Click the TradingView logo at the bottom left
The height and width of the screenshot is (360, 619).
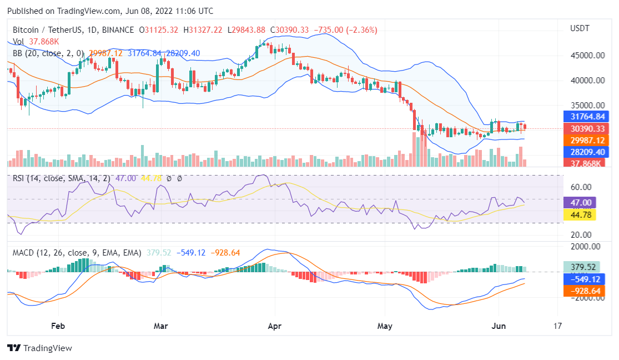tap(39, 348)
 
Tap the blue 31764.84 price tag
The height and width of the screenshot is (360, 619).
tap(585, 117)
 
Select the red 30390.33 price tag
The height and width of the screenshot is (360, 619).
tap(585, 128)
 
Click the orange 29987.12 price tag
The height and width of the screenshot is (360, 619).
tap(585, 140)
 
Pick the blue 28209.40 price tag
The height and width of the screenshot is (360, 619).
tap(585, 152)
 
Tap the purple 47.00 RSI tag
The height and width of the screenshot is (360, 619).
tap(579, 202)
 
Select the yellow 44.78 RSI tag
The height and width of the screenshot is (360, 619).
tap(579, 214)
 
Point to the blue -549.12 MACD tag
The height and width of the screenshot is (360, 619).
tap(583, 279)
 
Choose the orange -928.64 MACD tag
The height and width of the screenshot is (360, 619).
tap(583, 291)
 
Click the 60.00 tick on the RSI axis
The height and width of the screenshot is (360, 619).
tap(579, 187)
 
